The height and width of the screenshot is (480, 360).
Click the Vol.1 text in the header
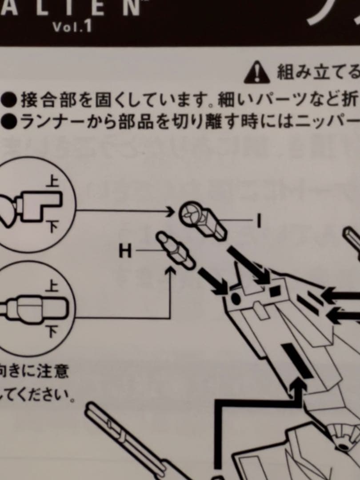click(72, 27)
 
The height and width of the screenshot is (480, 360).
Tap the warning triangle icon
click(257, 72)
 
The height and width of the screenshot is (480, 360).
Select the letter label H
click(126, 252)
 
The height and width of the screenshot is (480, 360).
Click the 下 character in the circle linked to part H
click(52, 331)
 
